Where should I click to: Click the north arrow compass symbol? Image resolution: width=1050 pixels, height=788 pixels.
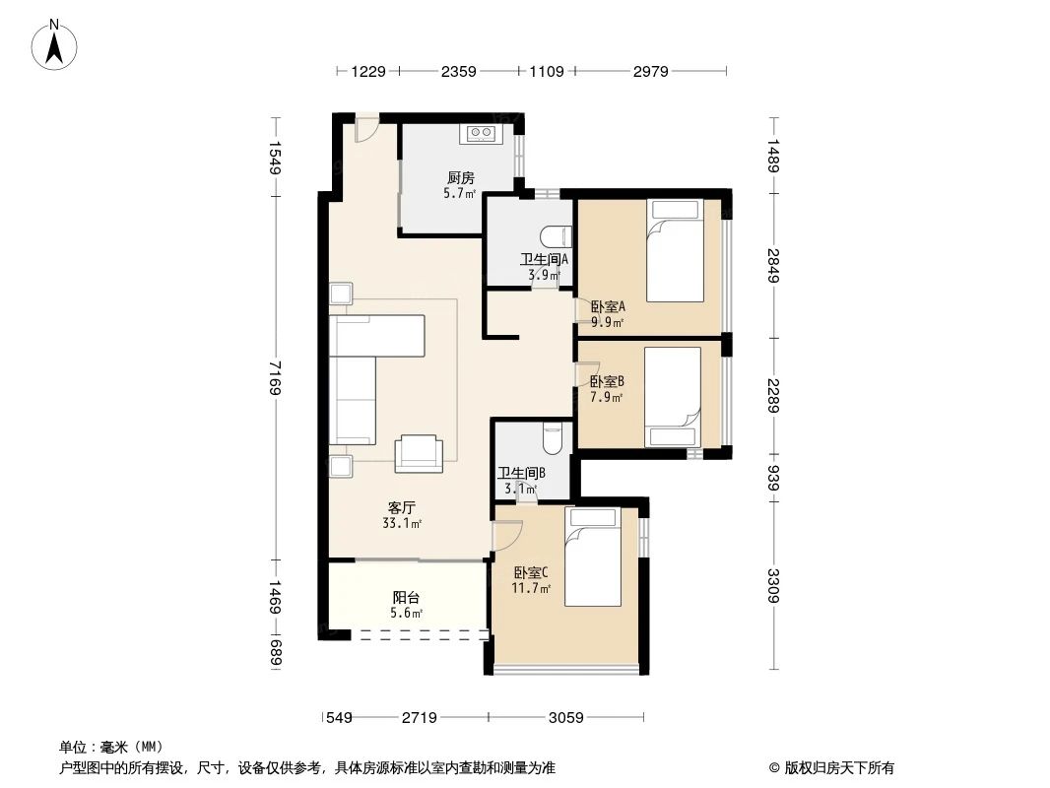click(56, 45)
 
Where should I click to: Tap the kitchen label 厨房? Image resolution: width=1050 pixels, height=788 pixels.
click(460, 178)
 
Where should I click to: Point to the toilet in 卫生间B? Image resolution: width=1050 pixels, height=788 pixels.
click(553, 437)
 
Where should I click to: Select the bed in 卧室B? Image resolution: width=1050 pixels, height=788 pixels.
click(672, 397)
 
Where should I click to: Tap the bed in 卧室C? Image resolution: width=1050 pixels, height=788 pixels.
click(593, 558)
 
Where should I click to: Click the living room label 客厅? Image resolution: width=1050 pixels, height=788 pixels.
click(400, 508)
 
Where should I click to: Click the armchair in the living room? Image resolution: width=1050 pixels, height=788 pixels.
click(419, 452)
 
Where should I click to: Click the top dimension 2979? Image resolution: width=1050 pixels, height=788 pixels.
click(650, 71)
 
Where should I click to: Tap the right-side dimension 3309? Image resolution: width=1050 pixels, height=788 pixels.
click(775, 586)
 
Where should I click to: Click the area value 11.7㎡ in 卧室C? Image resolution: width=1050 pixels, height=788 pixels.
click(530, 589)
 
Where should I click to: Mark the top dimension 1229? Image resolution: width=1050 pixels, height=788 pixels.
click(368, 71)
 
